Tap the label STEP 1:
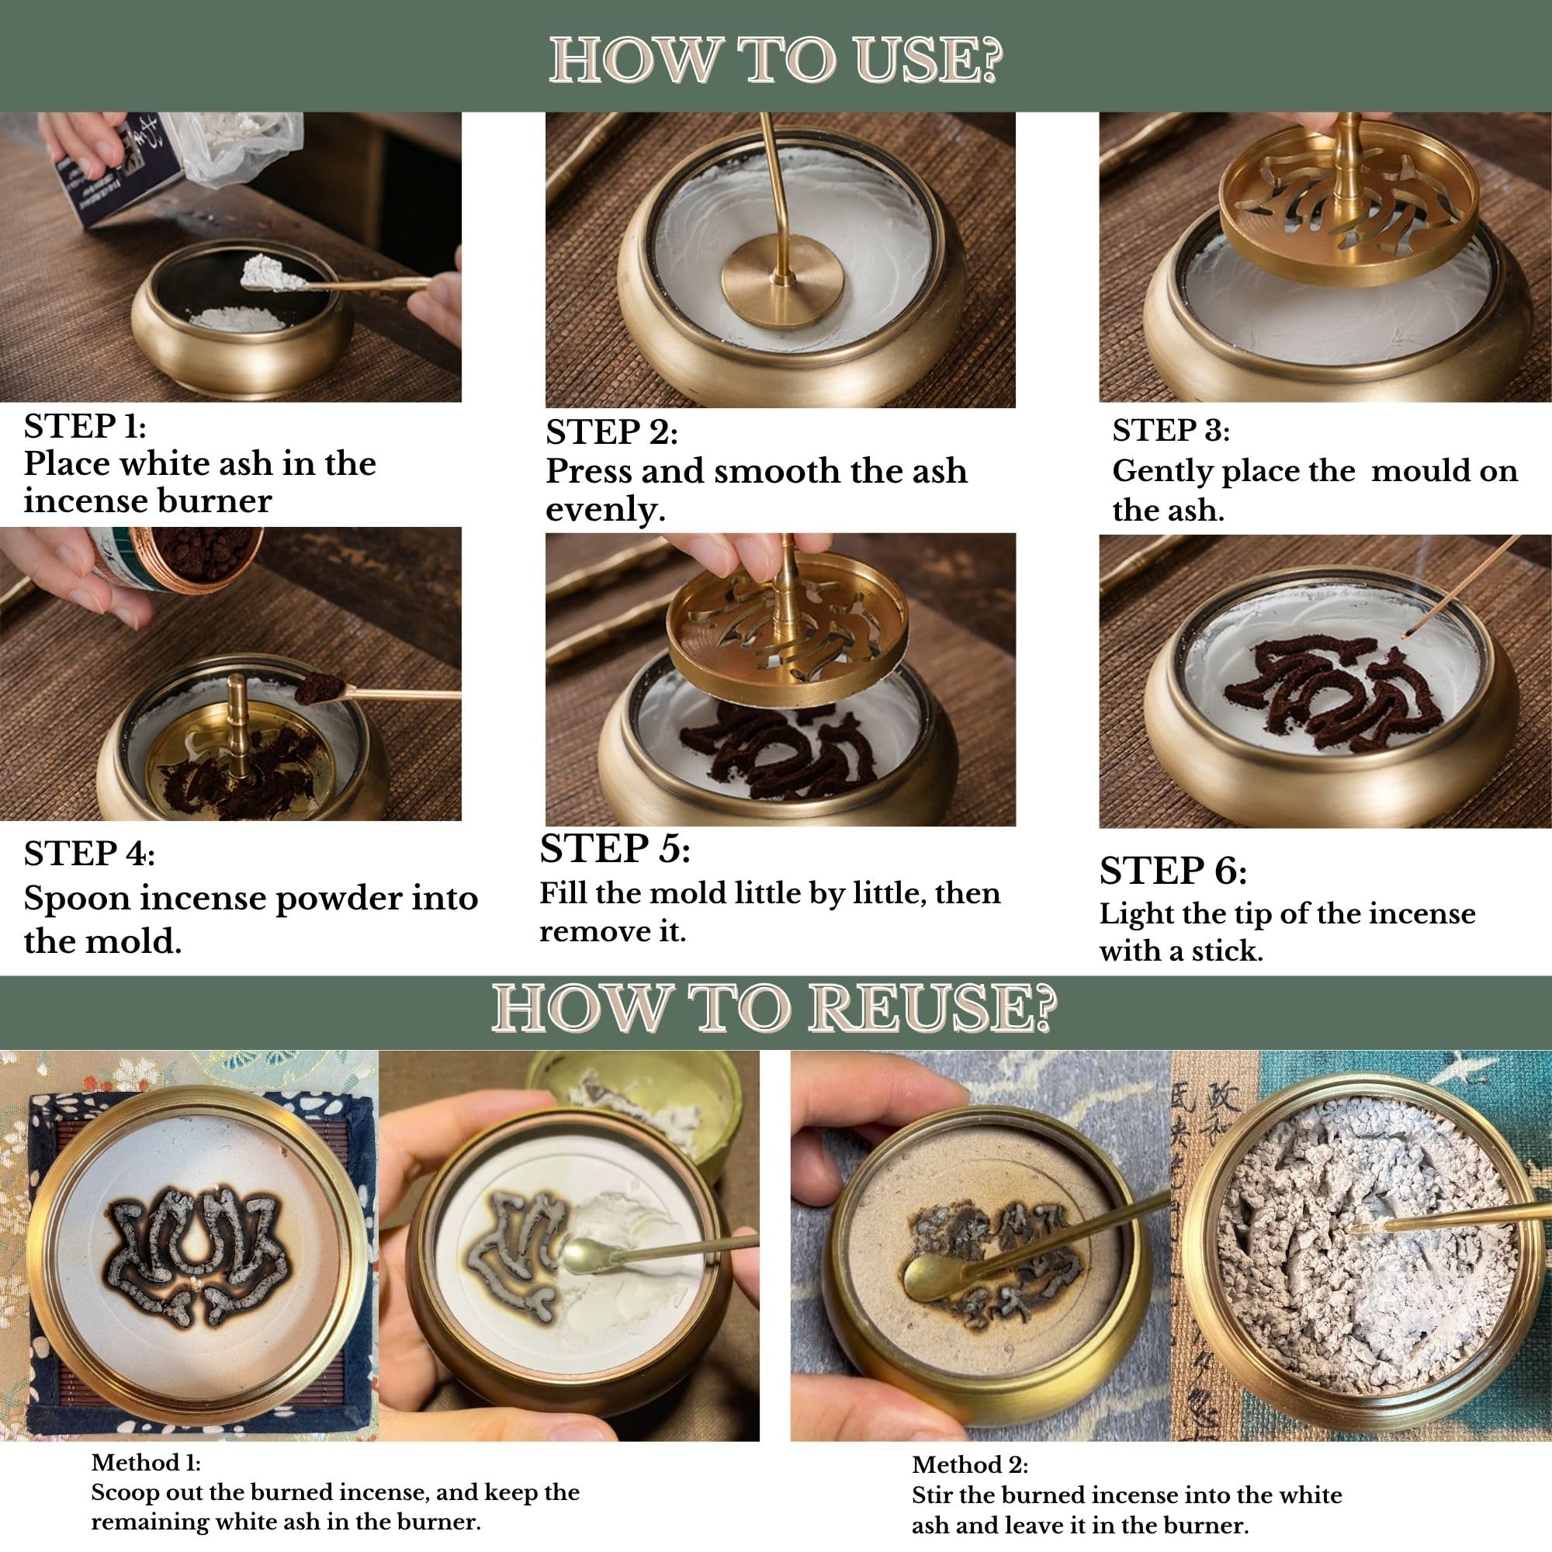(85, 426)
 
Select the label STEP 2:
(612, 432)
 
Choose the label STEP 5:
(615, 849)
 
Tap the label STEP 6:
(1173, 871)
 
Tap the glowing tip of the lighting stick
(1403, 636)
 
